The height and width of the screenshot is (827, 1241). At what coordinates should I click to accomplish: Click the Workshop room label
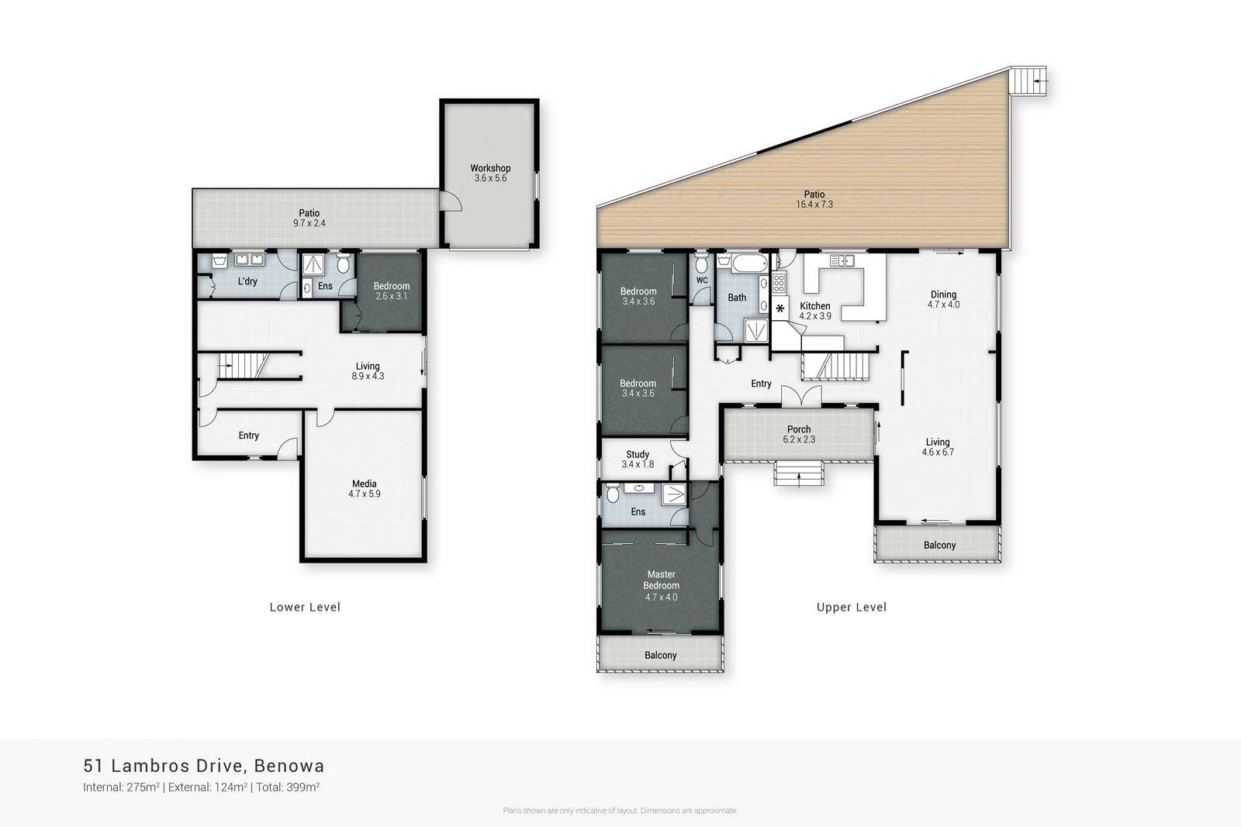pyautogui.click(x=490, y=168)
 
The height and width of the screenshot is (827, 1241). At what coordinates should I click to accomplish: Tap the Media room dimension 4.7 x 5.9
pyautogui.click(x=364, y=494)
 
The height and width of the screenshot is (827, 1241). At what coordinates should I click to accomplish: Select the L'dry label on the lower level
pyautogui.click(x=247, y=281)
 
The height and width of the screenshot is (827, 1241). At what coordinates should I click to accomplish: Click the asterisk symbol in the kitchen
pyautogui.click(x=780, y=308)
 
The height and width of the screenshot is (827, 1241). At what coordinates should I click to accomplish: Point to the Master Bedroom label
pyautogui.click(x=661, y=580)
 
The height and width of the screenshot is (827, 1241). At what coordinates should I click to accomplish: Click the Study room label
pyautogui.click(x=638, y=454)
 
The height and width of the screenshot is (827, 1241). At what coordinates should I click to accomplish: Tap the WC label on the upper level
pyautogui.click(x=702, y=281)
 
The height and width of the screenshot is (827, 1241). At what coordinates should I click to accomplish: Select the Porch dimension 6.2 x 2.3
pyautogui.click(x=799, y=439)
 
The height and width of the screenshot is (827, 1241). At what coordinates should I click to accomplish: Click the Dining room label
pyautogui.click(x=943, y=295)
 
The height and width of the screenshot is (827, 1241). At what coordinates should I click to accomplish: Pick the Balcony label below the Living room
pyautogui.click(x=939, y=545)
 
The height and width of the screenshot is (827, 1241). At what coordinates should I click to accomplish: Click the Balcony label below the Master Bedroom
pyautogui.click(x=660, y=655)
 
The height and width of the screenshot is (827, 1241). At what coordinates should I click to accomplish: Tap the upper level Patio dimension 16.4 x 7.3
pyautogui.click(x=814, y=205)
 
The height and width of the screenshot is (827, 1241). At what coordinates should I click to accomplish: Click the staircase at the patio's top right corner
pyautogui.click(x=1028, y=81)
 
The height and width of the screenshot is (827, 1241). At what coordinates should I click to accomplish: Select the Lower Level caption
pyautogui.click(x=305, y=607)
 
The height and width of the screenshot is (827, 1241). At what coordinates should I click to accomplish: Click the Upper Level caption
pyautogui.click(x=851, y=607)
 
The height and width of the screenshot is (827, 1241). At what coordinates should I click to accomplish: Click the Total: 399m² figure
pyautogui.click(x=288, y=787)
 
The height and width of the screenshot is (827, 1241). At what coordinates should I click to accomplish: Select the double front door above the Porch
pyautogui.click(x=800, y=395)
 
